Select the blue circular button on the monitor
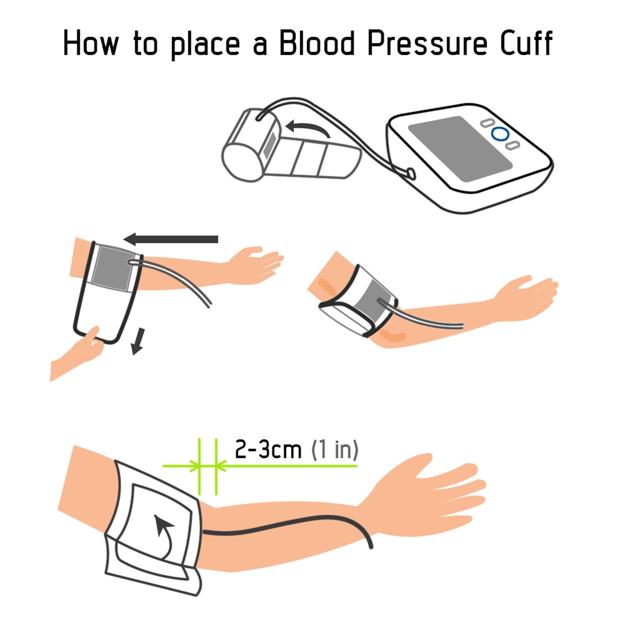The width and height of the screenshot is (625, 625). pos(500,134)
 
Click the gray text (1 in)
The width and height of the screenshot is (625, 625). pos(334,450)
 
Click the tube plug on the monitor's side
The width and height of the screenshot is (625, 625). pos(411,173)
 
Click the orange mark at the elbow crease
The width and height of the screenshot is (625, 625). pos(393,337)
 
